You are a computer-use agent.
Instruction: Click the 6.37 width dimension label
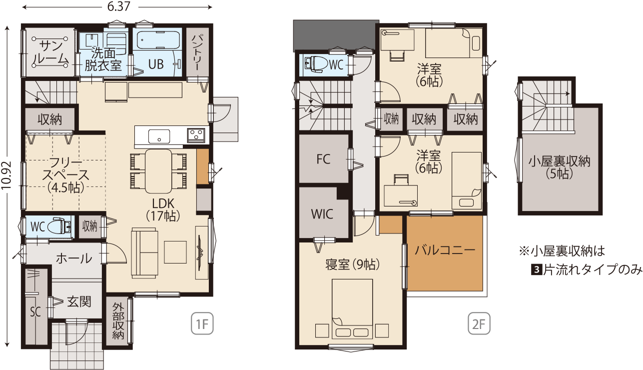point(119,6)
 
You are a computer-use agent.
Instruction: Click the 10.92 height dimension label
point(6,175)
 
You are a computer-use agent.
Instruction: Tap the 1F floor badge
point(202,323)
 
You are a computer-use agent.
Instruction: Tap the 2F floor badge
point(479,323)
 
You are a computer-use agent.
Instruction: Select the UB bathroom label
point(156,64)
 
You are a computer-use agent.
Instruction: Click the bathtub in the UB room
point(158,40)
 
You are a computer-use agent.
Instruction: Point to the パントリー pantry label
point(197,52)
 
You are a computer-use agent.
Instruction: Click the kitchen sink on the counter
point(159,136)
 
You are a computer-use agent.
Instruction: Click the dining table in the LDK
point(158,171)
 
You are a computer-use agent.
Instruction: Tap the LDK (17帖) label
point(163,209)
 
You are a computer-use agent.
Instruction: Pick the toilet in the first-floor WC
point(59,226)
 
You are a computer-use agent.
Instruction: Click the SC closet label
point(35,311)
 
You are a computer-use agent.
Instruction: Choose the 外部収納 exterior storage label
point(118,321)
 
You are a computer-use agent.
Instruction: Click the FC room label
point(324,159)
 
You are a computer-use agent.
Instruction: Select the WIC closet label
point(322,214)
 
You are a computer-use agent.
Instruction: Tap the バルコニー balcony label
point(445,250)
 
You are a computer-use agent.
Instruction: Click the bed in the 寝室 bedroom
point(353,309)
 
